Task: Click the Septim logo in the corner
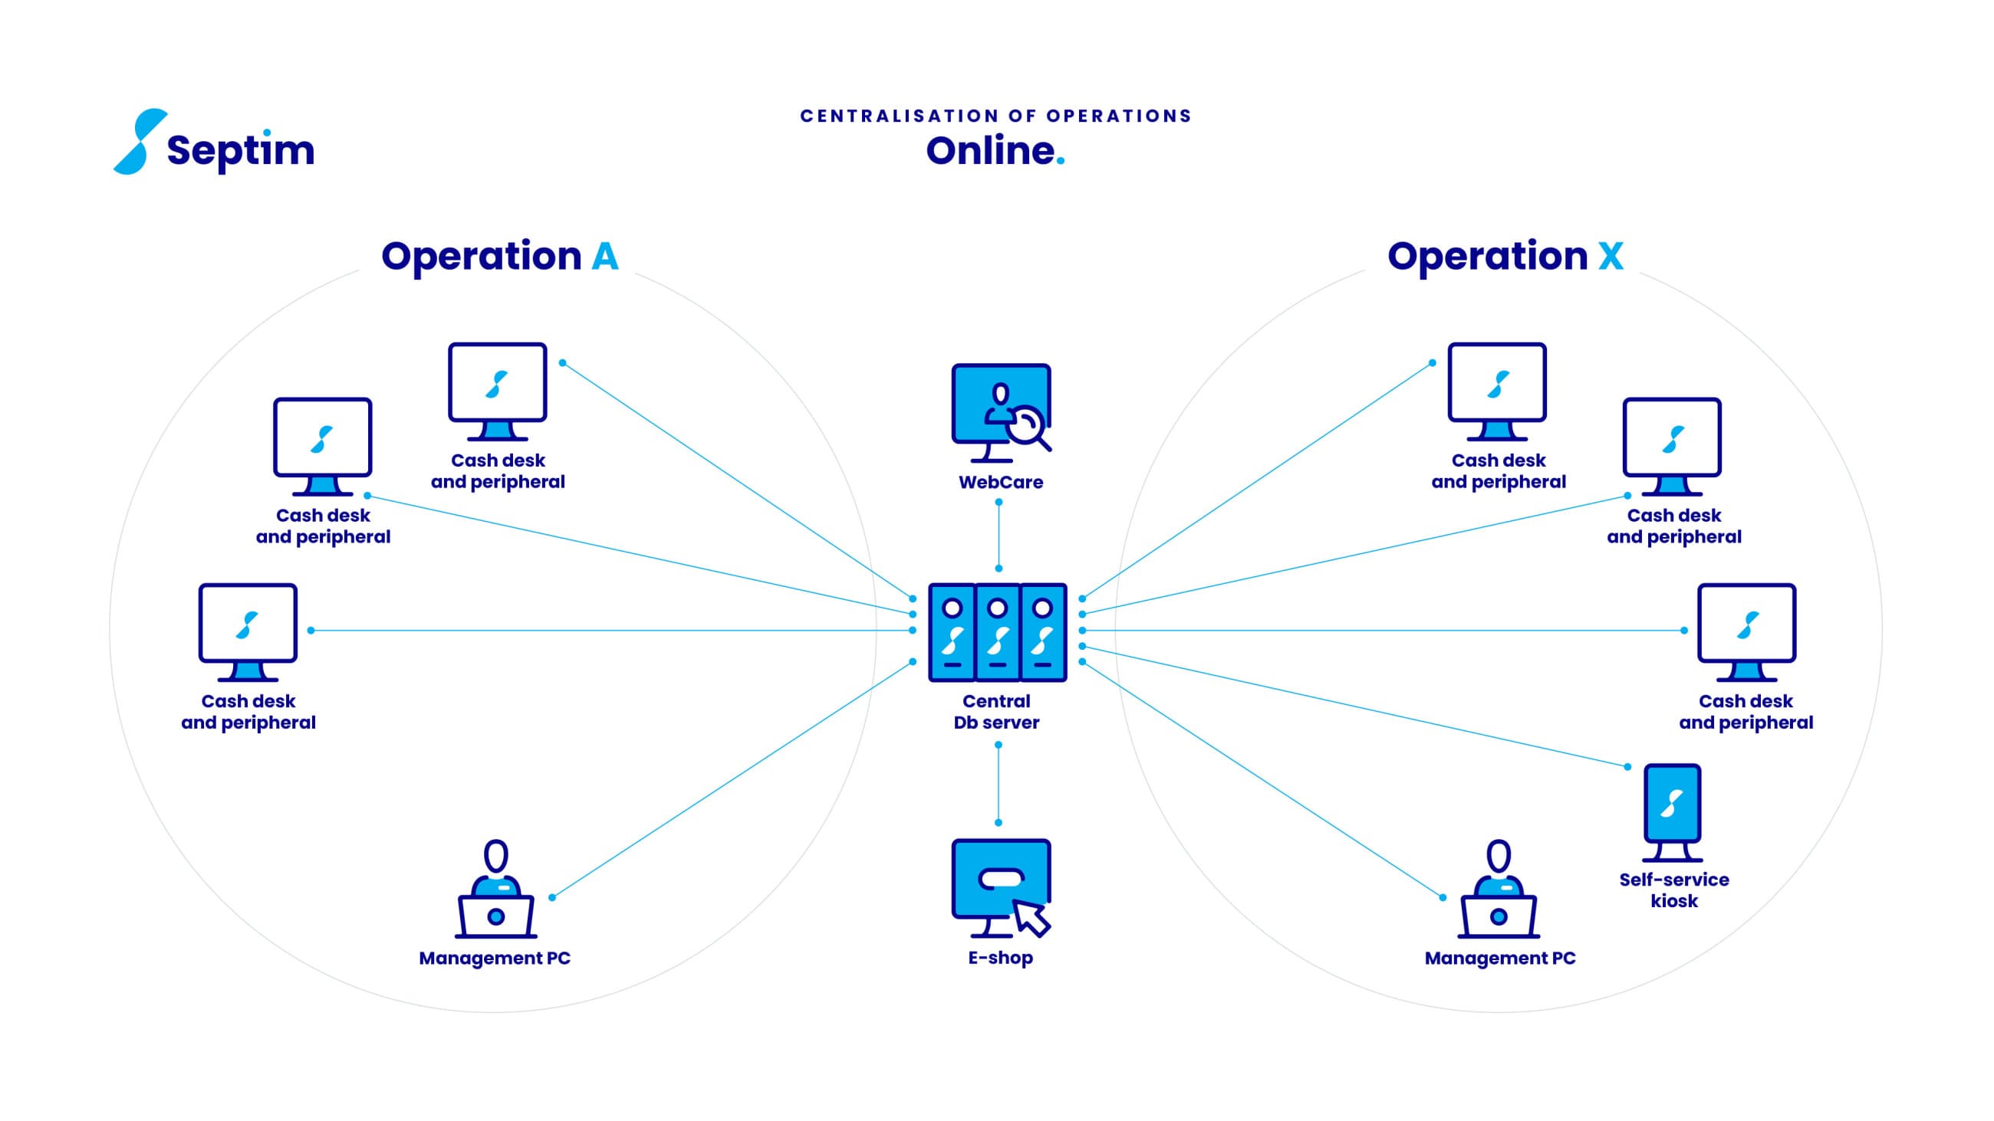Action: (x=215, y=142)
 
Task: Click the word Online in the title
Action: (x=990, y=150)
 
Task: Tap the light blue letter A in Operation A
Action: (x=605, y=256)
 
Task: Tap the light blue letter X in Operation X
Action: (x=1611, y=256)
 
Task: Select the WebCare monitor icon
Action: (x=1001, y=413)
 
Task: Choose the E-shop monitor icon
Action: (x=1001, y=888)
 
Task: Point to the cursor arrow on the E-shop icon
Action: (x=1032, y=917)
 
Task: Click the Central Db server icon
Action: (x=998, y=632)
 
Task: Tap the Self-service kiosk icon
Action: (x=1672, y=812)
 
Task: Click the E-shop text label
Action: (x=1000, y=958)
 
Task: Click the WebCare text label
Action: (x=1001, y=482)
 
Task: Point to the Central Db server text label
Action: (x=996, y=712)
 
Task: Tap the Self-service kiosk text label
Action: (x=1673, y=890)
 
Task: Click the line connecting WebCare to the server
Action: (x=999, y=536)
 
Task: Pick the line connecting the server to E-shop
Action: (x=999, y=784)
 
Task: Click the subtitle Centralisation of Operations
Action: (x=996, y=116)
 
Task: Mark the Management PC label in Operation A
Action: (x=495, y=958)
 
